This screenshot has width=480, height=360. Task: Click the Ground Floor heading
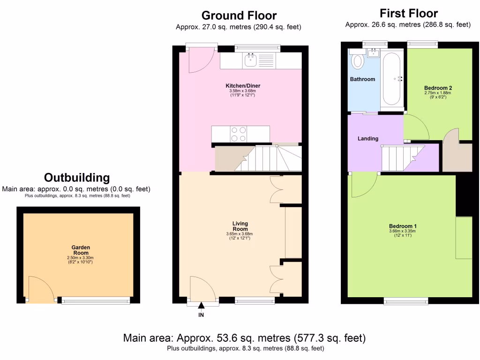(x=239, y=16)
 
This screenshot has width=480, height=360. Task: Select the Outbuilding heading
(x=76, y=178)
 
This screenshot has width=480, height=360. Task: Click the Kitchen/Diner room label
(x=243, y=86)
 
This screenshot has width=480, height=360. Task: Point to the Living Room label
(x=240, y=226)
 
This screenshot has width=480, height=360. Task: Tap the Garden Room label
(x=81, y=250)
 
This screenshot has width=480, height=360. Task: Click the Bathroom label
(x=362, y=79)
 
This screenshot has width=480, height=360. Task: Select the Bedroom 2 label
(x=438, y=88)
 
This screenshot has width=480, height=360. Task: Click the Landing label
(x=368, y=138)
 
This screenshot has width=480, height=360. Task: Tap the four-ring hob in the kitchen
(x=239, y=134)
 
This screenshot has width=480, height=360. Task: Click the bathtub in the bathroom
(x=390, y=78)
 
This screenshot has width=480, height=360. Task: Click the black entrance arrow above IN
(x=201, y=307)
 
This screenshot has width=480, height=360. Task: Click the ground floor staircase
(x=258, y=158)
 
